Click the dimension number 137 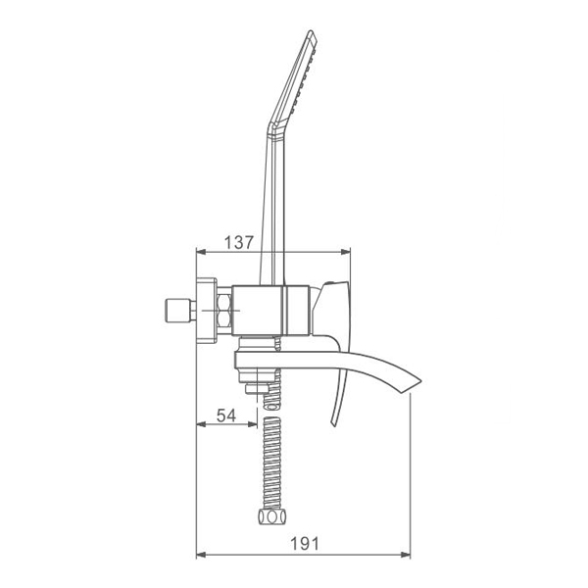pos(239,243)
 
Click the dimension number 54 pos(226,416)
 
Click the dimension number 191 pos(305,544)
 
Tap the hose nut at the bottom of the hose pos(271,517)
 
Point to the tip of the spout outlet pos(421,382)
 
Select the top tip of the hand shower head pos(311,31)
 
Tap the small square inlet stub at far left pos(177,310)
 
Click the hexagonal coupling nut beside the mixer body pos(224,310)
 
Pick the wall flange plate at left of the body pos(207,311)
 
